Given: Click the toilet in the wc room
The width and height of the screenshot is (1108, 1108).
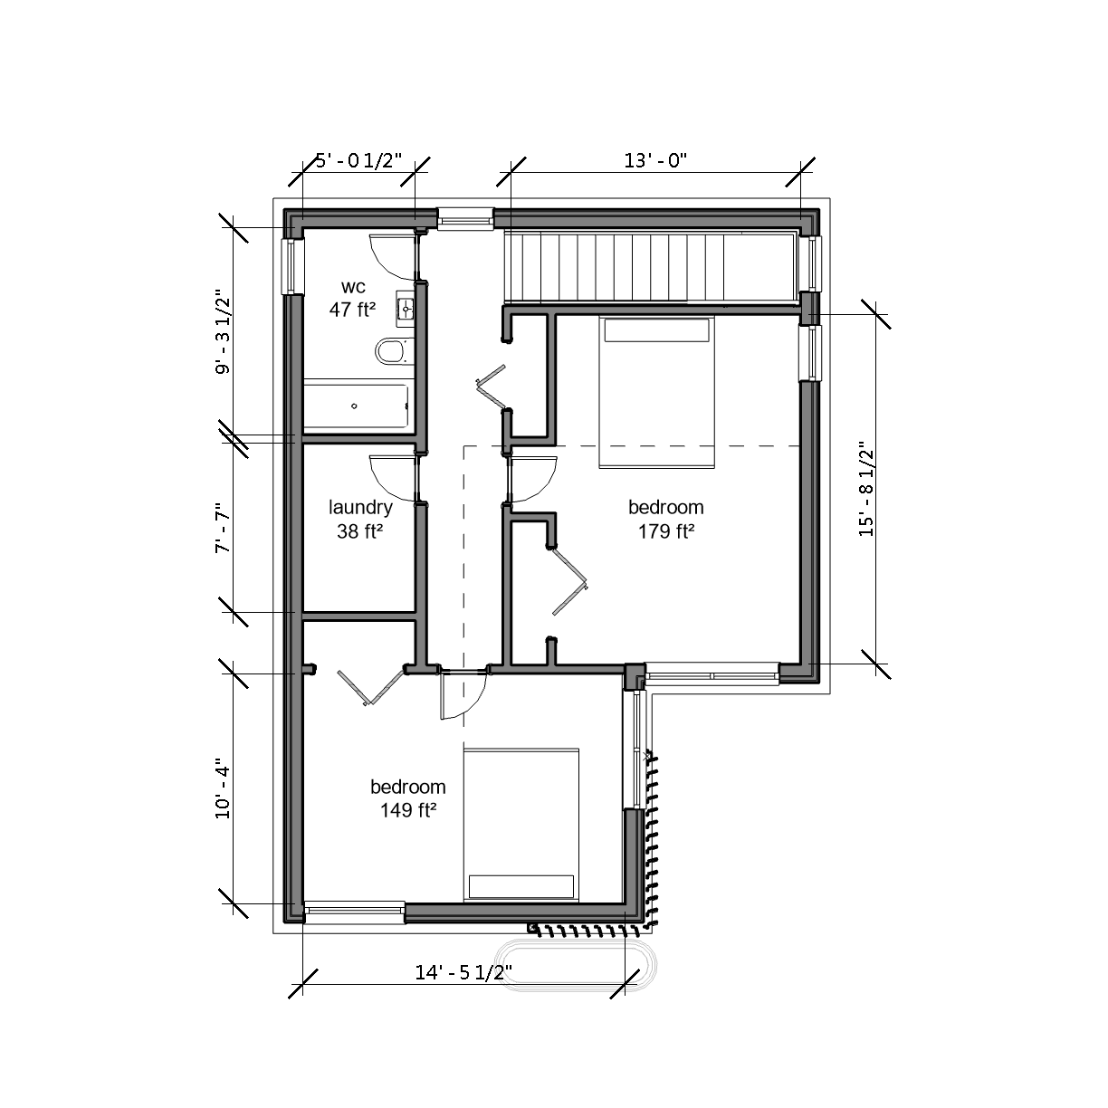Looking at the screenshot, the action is tap(395, 350).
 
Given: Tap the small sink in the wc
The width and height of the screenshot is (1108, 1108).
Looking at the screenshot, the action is tap(406, 309).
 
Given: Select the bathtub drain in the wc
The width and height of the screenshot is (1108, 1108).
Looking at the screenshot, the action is tap(354, 406).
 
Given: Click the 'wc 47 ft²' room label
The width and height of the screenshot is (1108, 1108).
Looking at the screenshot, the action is tap(352, 299).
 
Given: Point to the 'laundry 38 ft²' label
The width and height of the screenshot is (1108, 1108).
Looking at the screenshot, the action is tap(360, 520).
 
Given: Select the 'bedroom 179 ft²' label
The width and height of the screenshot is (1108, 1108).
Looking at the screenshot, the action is tap(666, 520).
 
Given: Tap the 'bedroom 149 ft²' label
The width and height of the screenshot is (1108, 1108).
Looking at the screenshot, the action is tap(407, 798).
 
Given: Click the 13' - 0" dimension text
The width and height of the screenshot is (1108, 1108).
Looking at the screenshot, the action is tap(655, 160).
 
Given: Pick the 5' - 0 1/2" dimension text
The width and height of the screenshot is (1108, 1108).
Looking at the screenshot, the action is tap(358, 160).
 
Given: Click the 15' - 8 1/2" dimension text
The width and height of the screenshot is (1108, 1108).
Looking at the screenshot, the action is tap(866, 489).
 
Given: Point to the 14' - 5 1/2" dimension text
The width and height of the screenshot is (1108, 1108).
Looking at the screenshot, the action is tap(463, 972).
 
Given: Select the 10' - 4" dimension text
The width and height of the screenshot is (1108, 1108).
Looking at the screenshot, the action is tap(223, 792).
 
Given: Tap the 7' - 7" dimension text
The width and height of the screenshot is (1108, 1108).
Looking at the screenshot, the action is tap(223, 528).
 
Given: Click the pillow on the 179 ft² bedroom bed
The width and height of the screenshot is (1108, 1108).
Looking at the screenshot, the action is tap(656, 330).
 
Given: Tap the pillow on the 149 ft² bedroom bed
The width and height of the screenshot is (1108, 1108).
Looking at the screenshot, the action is tap(521, 886).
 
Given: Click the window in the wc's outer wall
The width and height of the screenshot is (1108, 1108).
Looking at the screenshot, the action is tap(291, 266).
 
